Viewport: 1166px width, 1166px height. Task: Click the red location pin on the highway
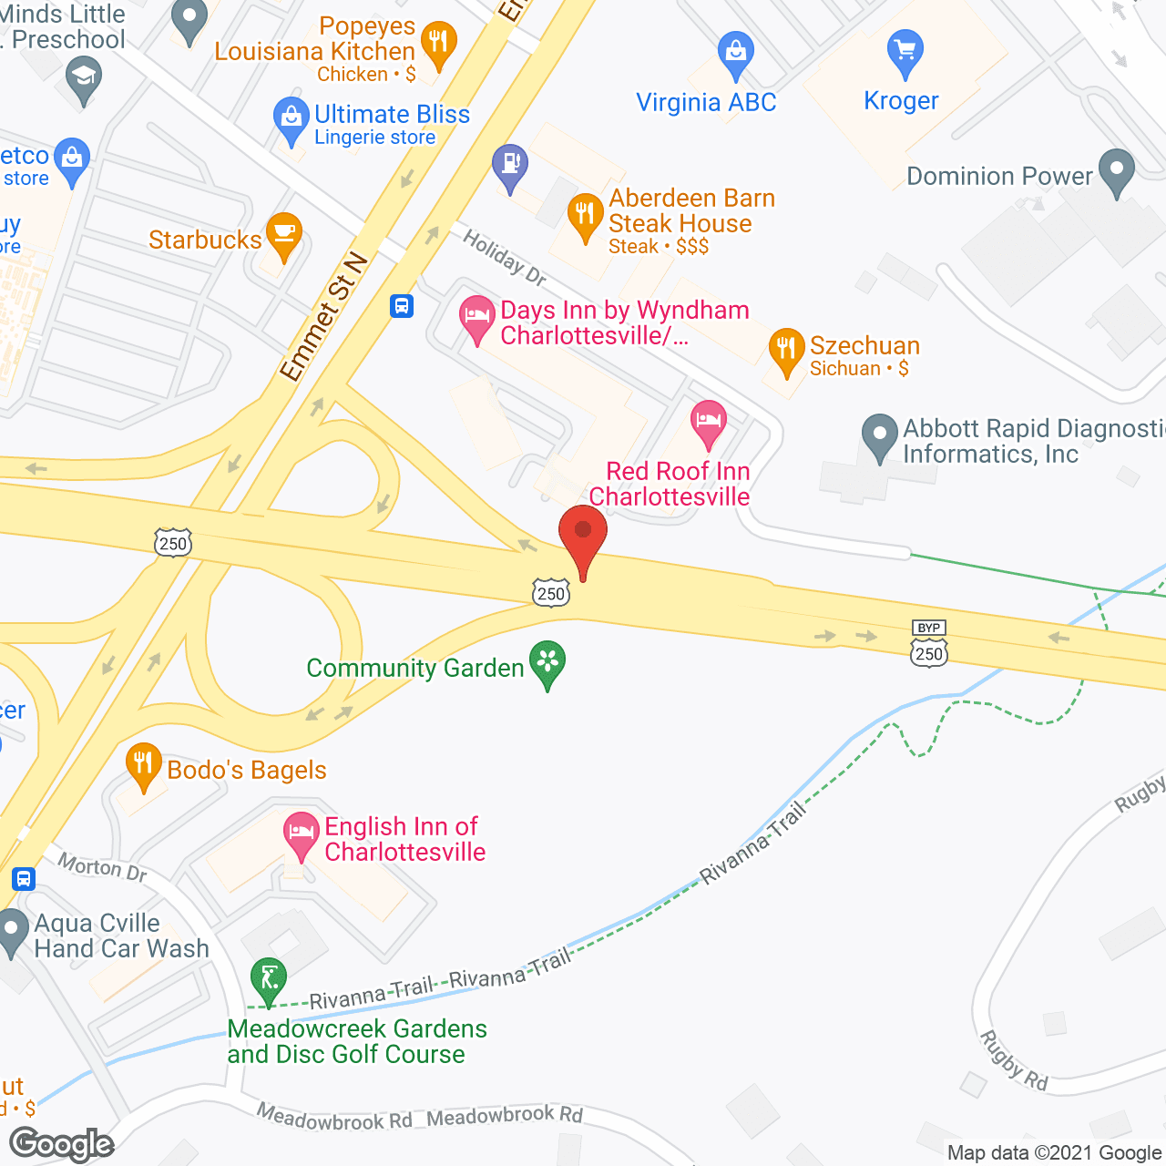(582, 533)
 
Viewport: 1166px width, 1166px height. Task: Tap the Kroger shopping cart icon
(905, 53)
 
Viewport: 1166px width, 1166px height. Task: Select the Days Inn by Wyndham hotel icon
(476, 318)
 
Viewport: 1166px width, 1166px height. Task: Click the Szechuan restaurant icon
(785, 350)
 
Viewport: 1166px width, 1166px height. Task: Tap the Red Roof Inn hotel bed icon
(708, 422)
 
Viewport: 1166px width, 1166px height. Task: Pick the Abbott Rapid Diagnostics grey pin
(879, 435)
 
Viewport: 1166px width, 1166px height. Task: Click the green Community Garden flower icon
(547, 662)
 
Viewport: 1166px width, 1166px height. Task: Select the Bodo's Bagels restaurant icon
(143, 763)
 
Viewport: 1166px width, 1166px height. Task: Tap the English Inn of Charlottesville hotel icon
(301, 833)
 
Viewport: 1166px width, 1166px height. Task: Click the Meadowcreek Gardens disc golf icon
(268, 980)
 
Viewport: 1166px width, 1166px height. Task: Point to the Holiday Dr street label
(504, 257)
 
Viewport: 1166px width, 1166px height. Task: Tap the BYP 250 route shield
(929, 645)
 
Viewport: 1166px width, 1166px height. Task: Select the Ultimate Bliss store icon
(291, 118)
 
